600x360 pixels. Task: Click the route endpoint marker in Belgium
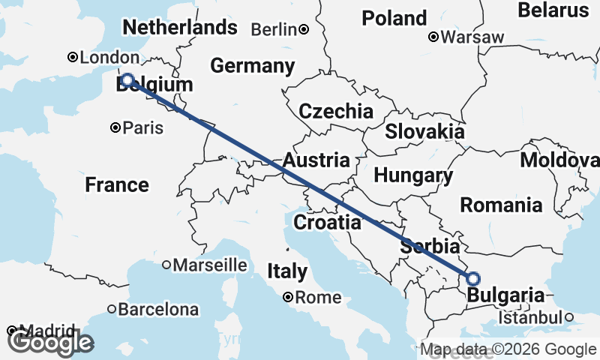point(127,79)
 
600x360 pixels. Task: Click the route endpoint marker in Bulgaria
point(472,278)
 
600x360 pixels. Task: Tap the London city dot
point(73,57)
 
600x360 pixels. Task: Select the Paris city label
point(143,127)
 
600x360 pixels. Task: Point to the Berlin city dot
point(304,30)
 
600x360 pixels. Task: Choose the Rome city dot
point(288,297)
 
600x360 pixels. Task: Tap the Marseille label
point(210,265)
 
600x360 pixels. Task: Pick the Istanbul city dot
point(569,317)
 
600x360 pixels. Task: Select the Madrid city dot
point(11,331)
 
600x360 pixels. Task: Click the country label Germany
point(252,66)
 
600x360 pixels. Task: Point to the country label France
point(117,184)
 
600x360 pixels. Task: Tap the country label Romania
point(501,204)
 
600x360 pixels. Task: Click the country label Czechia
point(335,112)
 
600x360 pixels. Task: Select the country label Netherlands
point(180,28)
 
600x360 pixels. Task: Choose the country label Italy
point(288,271)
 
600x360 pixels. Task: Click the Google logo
point(50,342)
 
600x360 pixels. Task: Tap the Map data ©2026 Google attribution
point(508,349)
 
